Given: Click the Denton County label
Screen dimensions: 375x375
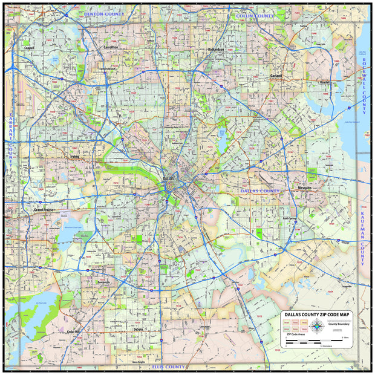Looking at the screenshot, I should coord(104,13).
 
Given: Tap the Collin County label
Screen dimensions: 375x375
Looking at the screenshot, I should coord(252,15).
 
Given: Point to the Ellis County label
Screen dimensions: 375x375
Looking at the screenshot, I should coord(168,367).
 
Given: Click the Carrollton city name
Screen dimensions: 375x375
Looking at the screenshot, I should coord(111,47).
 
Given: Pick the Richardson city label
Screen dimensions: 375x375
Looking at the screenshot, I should coord(215,49).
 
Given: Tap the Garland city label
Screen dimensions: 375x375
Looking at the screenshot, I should coord(276,75).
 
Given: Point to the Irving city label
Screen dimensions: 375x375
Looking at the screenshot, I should coord(74,157).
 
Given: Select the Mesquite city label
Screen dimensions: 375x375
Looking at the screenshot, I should coord(304,188).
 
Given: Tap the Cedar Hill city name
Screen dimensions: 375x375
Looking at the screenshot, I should coord(73,331).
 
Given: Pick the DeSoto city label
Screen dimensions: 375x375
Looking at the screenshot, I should coord(138,329).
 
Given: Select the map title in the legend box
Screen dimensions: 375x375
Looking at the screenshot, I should coord(316,315).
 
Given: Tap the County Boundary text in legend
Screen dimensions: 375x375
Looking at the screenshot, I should coord(339,324).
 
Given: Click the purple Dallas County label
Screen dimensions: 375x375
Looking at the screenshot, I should coord(260,191).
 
